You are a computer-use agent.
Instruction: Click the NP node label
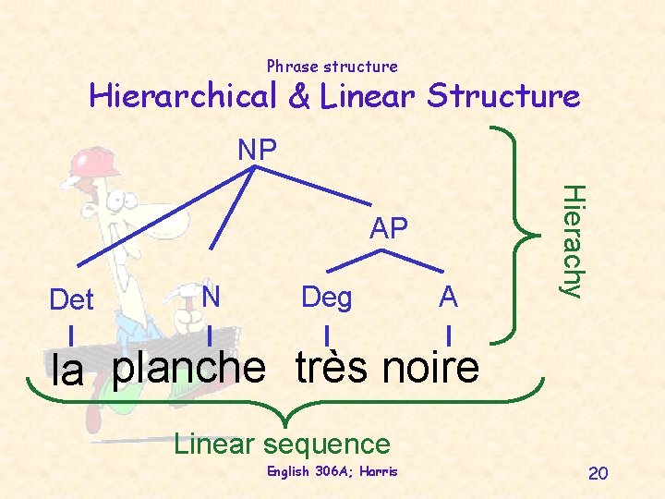pos(258,149)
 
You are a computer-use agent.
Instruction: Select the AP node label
pos(388,228)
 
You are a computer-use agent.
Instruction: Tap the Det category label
pos(71,300)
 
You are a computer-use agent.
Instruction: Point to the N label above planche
pos(211,296)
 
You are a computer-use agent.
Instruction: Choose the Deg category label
pos(326,297)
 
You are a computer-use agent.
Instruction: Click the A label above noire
pos(448,297)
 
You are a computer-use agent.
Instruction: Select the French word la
pos(68,371)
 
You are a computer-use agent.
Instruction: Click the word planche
pos(188,368)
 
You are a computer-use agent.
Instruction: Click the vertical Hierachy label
pos(574,240)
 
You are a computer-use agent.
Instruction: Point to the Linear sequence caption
pos(283,444)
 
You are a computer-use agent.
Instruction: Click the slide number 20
pos(598,474)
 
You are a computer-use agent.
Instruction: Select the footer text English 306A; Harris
pos(332,472)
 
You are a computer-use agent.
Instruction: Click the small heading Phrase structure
pos(332,67)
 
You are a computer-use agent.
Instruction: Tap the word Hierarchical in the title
pos(182,96)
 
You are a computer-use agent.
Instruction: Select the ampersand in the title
pos(298,97)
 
